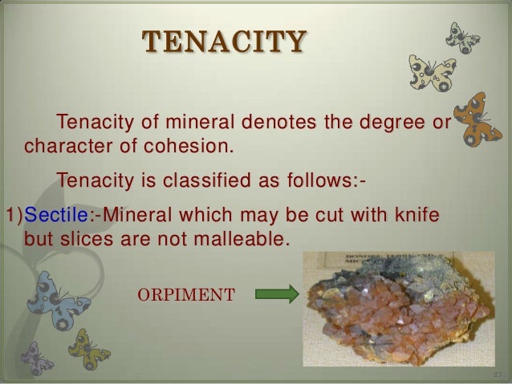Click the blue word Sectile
point(50,216)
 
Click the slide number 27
point(497,374)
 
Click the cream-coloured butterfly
point(433,71)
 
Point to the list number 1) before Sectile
point(13,216)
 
